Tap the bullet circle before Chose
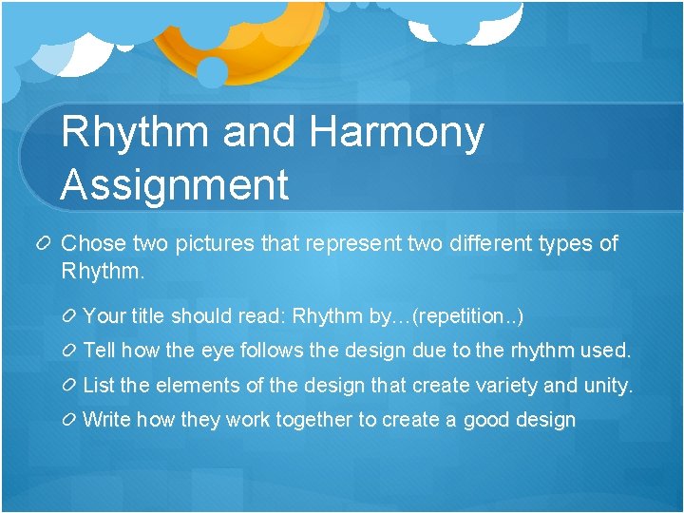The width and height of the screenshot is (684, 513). point(46,245)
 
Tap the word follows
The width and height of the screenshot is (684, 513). point(275,351)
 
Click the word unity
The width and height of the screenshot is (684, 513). point(608,386)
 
